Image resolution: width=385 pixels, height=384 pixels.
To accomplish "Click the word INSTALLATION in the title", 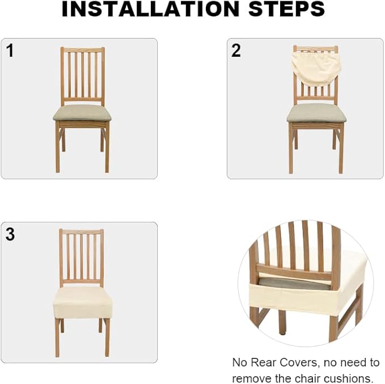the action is tap(150, 9).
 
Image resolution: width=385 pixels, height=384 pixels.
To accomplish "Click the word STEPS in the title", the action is tap(286, 9).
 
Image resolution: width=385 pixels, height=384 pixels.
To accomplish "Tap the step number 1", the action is tap(10, 50).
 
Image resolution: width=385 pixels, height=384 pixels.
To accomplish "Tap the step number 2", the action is tap(236, 50).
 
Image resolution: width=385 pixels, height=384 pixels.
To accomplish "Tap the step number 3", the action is tap(10, 234).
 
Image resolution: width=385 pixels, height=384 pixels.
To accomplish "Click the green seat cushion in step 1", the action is tap(82, 112).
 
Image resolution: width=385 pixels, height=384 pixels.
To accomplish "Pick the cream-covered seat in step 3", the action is tap(83, 302).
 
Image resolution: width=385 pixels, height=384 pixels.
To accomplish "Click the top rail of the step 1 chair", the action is tap(83, 49).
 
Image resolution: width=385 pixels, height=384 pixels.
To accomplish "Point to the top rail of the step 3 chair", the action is tap(81, 231).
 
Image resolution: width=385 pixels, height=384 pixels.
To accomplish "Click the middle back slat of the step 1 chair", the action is tap(83, 75).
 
